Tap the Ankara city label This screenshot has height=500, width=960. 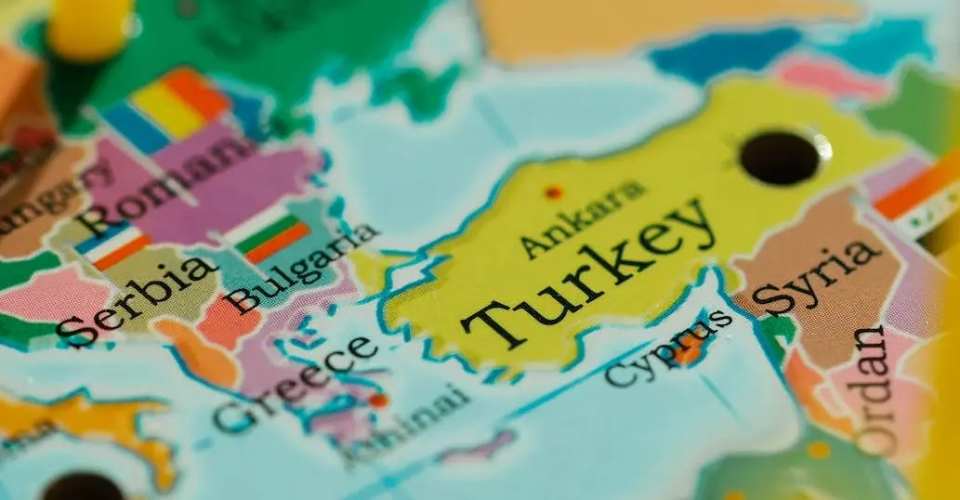[x=582, y=219]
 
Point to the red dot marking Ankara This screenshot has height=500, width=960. [x=554, y=192]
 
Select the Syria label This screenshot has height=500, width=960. [x=817, y=276]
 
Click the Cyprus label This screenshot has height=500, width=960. [x=667, y=348]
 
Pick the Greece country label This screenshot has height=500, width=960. [x=295, y=382]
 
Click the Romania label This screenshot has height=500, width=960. [x=168, y=185]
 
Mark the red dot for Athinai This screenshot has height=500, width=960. [x=377, y=401]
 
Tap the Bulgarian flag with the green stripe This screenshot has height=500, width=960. [x=271, y=236]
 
